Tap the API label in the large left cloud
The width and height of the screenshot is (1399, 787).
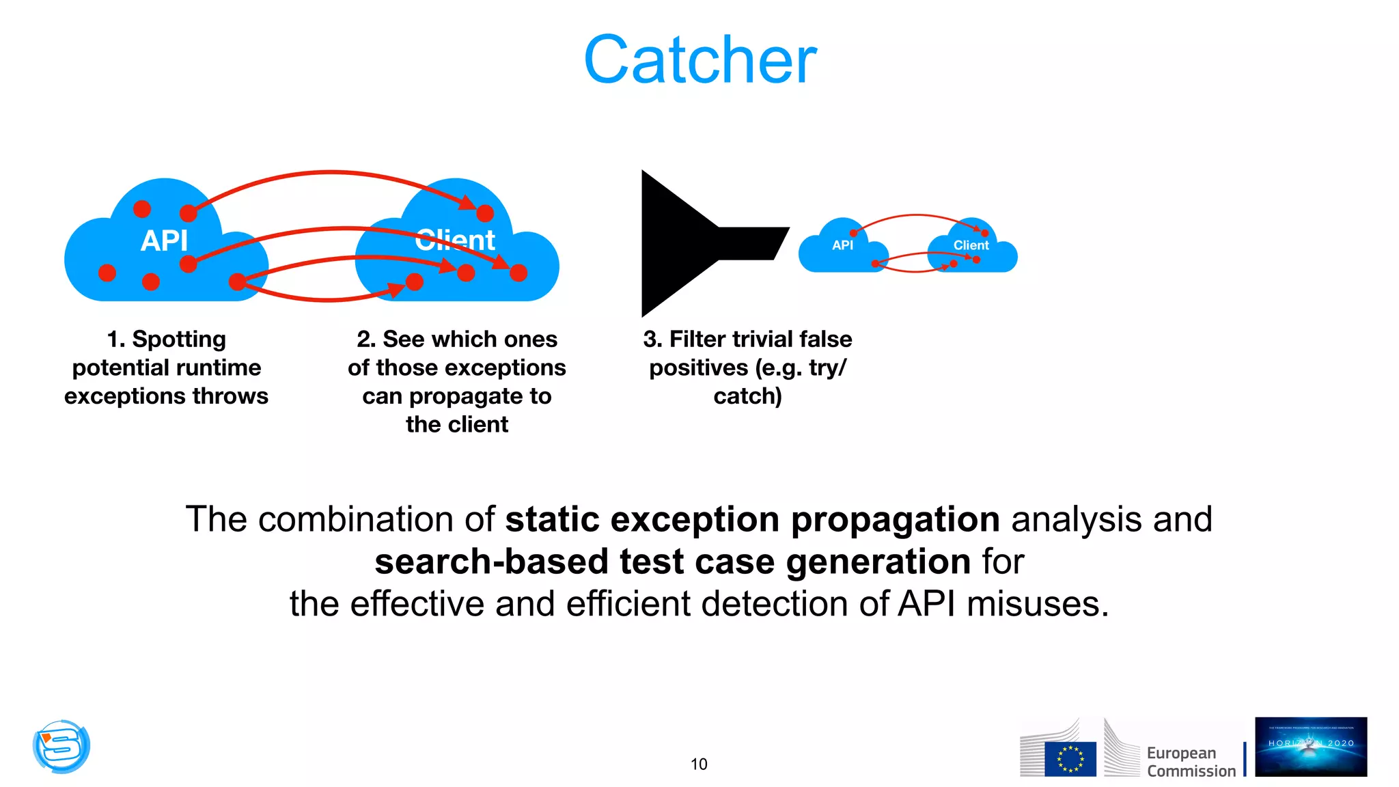[164, 240]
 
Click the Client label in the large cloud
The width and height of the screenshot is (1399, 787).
[456, 240]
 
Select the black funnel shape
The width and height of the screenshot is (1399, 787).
[690, 244]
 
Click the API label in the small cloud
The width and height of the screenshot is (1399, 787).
[842, 245]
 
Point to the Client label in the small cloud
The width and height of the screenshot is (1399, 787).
[971, 245]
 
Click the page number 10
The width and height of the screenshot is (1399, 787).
[699, 764]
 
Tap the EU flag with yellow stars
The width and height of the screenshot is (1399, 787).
[1070, 759]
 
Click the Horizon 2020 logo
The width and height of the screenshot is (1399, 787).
[1310, 747]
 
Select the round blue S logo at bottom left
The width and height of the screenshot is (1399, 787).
[61, 746]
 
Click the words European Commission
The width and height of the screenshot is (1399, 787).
[1191, 762]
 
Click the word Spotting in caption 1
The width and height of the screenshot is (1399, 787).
[178, 339]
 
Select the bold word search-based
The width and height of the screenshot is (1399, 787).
[491, 562]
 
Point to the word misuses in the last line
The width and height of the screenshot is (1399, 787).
[1038, 604]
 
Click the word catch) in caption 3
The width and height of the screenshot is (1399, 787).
[747, 396]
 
